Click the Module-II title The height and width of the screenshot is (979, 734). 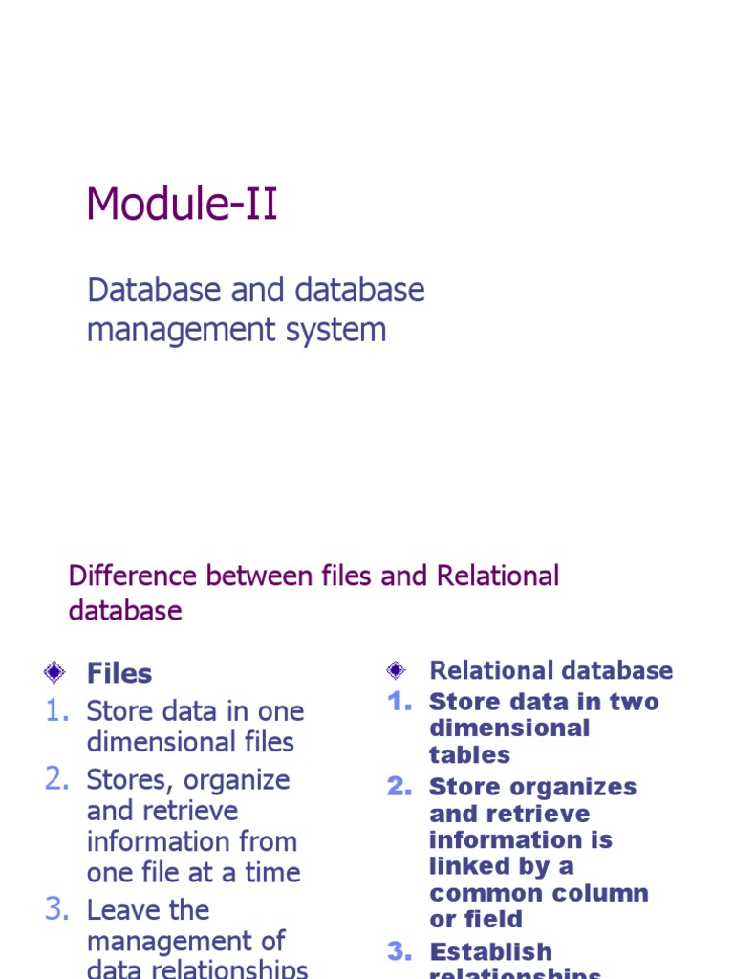pos(182,205)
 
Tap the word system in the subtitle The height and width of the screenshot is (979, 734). pos(341,330)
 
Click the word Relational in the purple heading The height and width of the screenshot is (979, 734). pos(498,577)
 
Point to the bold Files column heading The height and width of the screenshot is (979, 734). pos(119,673)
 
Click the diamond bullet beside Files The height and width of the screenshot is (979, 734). pos(54,672)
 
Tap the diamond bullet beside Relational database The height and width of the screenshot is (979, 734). pos(396,670)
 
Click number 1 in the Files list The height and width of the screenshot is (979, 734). pos(57,711)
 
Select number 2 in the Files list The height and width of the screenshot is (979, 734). pos(57,780)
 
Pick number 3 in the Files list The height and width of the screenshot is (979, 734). pos(57,910)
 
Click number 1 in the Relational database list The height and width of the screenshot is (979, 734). pos(399,702)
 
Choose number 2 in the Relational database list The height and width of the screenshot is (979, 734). pos(399,787)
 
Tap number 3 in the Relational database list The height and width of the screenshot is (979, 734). pos(399,952)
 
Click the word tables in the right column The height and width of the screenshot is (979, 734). pos(470,755)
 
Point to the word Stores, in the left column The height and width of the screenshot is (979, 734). pos(131,780)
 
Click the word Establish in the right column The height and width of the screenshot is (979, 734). pos(490,952)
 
